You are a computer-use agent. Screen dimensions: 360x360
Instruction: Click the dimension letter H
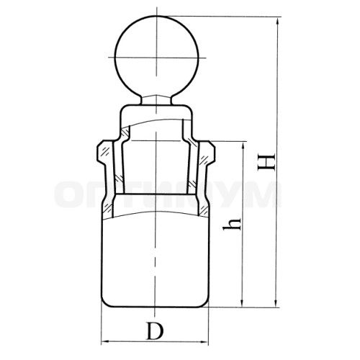pyautogui.click(x=266, y=161)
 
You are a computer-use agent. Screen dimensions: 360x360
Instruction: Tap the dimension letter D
pyautogui.click(x=155, y=331)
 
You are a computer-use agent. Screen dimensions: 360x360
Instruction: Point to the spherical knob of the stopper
pyautogui.click(x=157, y=56)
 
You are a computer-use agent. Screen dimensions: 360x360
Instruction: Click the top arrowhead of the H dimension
pyautogui.click(x=278, y=22)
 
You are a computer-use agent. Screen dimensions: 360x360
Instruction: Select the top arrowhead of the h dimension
pyautogui.click(x=243, y=146)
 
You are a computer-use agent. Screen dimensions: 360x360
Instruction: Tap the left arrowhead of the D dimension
pyautogui.click(x=106, y=342)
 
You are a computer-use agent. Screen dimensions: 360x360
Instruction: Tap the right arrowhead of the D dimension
pyautogui.click(x=203, y=342)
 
